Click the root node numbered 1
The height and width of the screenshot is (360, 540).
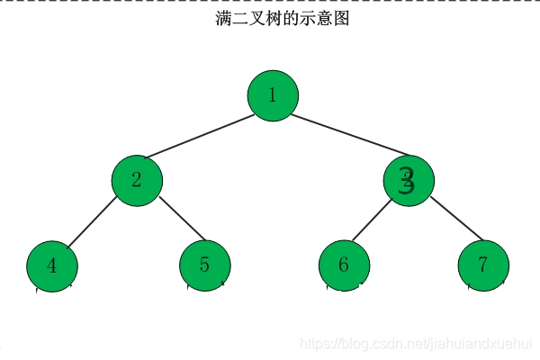[273, 94]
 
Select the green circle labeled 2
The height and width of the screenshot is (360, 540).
[137, 179]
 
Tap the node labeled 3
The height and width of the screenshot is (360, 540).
[408, 180]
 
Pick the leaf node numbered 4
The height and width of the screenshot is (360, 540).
[52, 266]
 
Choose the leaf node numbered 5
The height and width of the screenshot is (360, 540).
[205, 265]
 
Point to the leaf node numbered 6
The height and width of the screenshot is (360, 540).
[344, 265]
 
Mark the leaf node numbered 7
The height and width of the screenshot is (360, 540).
[483, 265]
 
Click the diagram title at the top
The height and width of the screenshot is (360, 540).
[282, 18]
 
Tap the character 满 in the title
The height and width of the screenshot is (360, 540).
[224, 18]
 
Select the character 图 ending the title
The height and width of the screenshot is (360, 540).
[340, 18]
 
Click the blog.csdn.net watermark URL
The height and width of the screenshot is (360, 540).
[415, 343]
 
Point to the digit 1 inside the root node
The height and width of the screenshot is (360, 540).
[273, 94]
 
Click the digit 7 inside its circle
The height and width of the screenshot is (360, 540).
[483, 265]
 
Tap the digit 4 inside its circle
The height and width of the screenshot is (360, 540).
[52, 266]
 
